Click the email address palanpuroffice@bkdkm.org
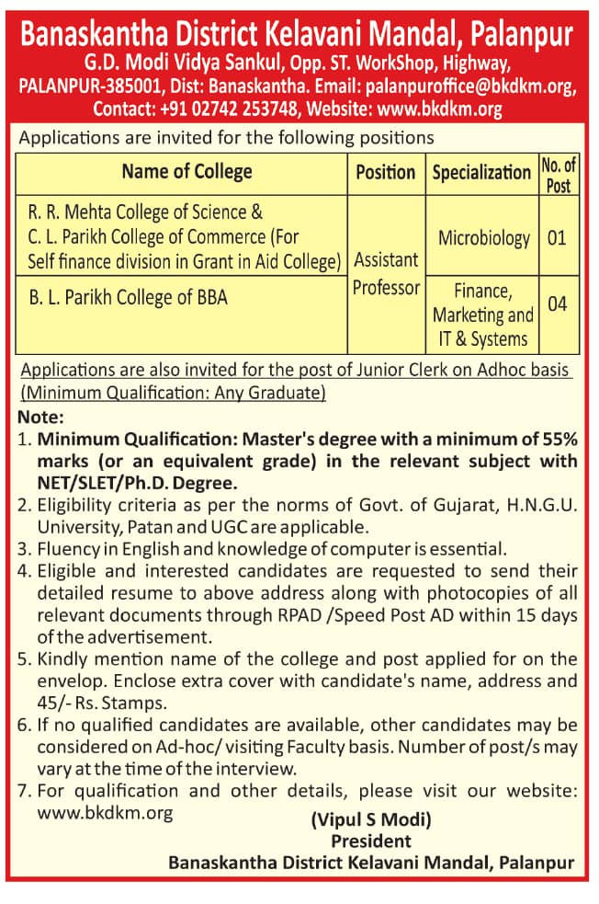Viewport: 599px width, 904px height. pos(469,87)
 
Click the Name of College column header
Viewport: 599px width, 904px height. pos(186,172)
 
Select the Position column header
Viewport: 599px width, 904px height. pos(386,172)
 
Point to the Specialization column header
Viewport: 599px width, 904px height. pos(481,172)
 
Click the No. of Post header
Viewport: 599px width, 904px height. pos(558,174)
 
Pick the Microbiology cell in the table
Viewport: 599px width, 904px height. pos(483,238)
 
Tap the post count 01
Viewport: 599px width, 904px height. pos(557,238)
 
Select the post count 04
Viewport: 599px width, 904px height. pos(557,303)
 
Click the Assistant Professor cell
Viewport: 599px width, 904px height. pos(386,273)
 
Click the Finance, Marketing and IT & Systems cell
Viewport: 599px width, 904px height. pos(482,315)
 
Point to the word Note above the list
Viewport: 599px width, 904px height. pos(40,417)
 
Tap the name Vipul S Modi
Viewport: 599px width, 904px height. pos(371,819)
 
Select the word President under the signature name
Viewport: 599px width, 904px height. pos(371,841)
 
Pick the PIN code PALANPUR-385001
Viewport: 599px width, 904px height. pos(88,87)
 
